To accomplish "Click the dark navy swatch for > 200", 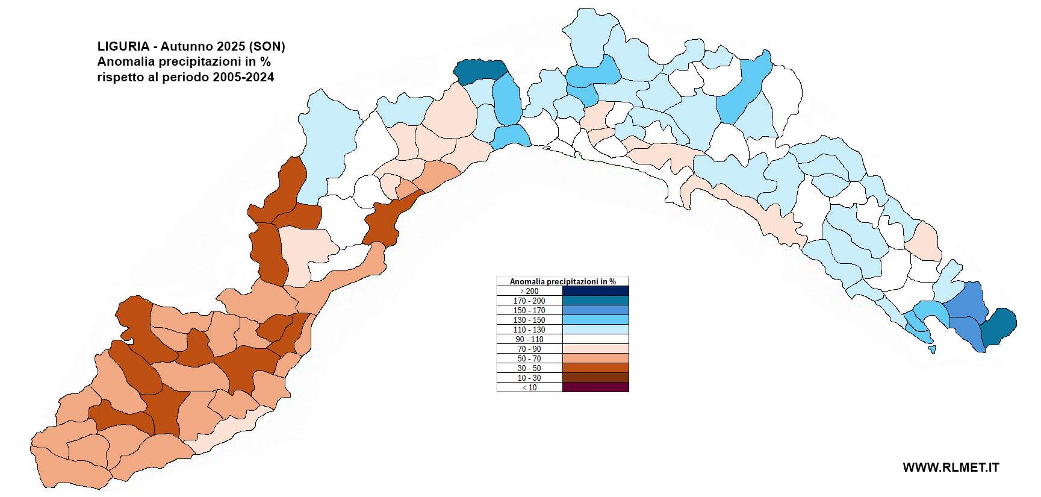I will (x=595, y=291).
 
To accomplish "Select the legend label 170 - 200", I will (x=529, y=301).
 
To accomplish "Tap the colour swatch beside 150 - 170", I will (x=595, y=310).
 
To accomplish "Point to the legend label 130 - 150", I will (x=529, y=320).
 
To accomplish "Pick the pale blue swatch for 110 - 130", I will (x=595, y=330).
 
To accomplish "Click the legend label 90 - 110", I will (x=529, y=339).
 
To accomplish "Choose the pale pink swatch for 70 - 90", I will (x=595, y=349).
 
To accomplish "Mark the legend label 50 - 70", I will (x=529, y=358).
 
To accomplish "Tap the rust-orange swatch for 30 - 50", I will (x=595, y=368).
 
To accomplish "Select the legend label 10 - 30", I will (x=529, y=378).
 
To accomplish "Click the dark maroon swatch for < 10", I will (x=595, y=387).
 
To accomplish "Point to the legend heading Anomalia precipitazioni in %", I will (x=562, y=281).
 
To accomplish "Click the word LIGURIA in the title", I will (x=123, y=46).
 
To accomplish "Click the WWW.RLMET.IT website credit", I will (x=951, y=467).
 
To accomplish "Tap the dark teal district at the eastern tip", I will (x=999, y=325).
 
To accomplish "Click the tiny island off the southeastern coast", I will (x=933, y=349).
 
